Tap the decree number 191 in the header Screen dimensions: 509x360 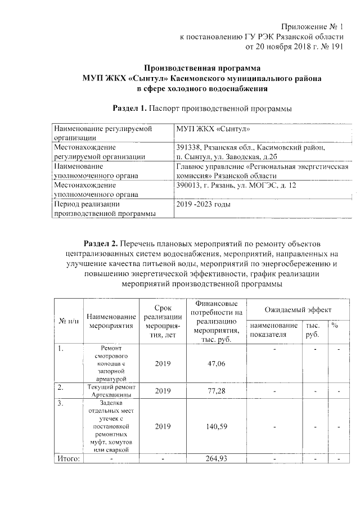[x=336, y=47]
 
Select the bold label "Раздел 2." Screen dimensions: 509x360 [x=101, y=244]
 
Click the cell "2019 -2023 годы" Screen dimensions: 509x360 [x=204, y=204]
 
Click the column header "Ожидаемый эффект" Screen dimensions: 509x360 [x=298, y=310]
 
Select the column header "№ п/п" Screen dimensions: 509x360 [x=68, y=321]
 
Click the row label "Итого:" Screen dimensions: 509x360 [x=69, y=459]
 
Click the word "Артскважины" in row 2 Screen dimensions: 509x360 [x=112, y=394]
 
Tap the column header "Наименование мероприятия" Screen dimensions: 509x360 [x=112, y=321]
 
